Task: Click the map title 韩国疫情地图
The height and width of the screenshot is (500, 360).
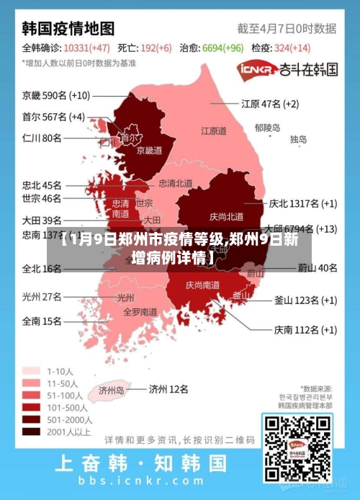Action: click(68, 28)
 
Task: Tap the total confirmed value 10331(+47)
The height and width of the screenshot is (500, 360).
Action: click(86, 48)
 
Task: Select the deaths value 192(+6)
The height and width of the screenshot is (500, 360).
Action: click(155, 48)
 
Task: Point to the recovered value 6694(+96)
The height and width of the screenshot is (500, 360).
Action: click(222, 48)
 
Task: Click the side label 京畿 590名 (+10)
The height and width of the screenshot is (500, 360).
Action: click(56, 95)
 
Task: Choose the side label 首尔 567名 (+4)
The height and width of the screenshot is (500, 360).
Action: click(53, 117)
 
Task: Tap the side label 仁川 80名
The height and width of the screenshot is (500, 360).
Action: click(42, 138)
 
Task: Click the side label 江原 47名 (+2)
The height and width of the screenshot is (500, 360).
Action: click(270, 103)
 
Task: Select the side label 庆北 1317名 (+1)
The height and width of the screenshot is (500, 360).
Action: click(303, 203)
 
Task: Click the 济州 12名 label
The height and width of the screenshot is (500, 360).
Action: click(168, 389)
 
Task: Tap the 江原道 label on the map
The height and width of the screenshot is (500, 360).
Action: click(214, 131)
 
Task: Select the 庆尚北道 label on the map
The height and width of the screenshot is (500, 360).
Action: click(226, 216)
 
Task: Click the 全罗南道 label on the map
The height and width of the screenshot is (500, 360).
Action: click(140, 312)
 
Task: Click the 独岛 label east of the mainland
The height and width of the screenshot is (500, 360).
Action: click(299, 140)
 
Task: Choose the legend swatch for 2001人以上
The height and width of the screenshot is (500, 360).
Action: click(31, 432)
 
